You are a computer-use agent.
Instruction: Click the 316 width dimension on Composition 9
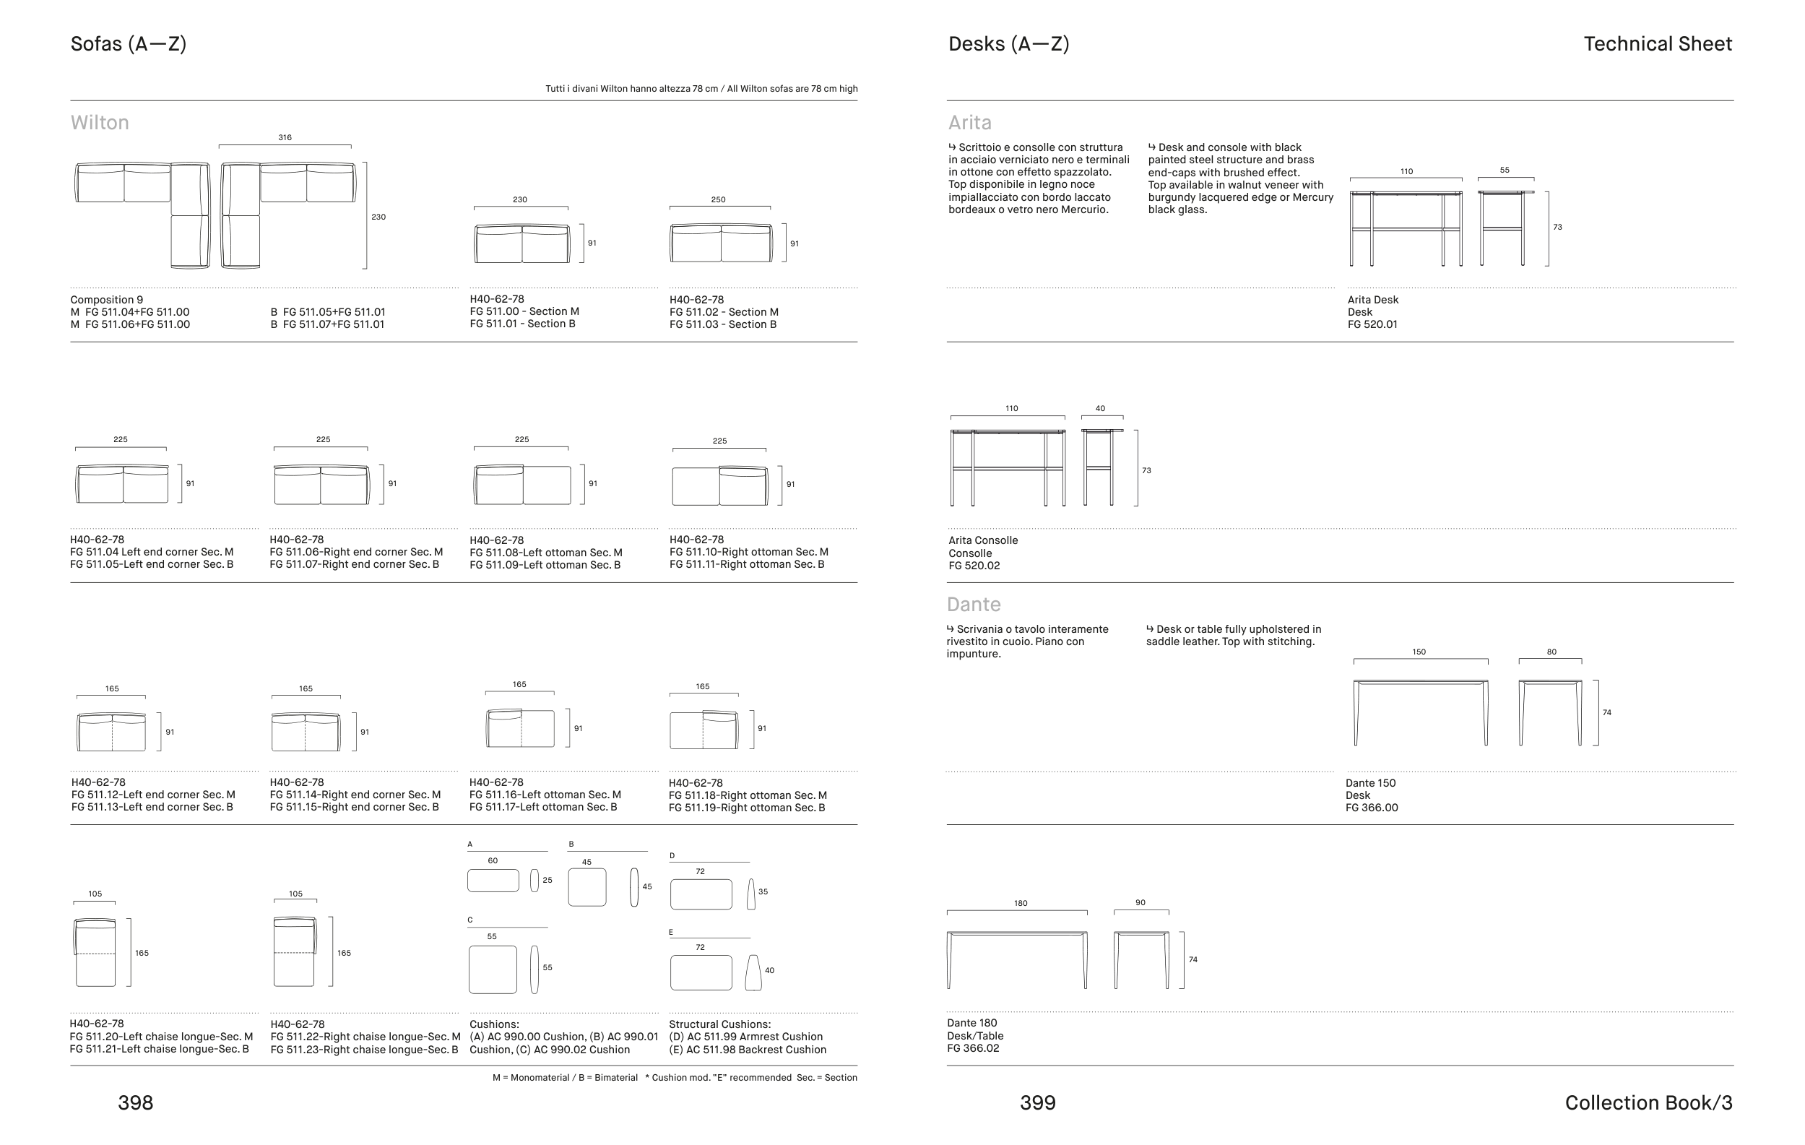(x=285, y=138)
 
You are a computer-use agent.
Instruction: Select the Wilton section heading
(x=100, y=122)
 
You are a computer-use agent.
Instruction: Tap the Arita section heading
(x=969, y=122)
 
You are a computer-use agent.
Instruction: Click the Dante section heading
(x=973, y=605)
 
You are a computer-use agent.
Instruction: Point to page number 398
(x=136, y=1102)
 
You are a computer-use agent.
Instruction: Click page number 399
(x=1037, y=1102)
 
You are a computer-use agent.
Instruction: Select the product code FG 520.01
(x=1372, y=324)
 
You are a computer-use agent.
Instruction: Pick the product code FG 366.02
(x=973, y=1048)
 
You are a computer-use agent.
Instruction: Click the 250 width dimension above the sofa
(x=718, y=200)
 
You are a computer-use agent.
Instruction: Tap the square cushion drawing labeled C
(x=493, y=969)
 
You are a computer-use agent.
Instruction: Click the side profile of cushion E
(x=753, y=972)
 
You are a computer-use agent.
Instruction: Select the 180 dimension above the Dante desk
(x=1020, y=904)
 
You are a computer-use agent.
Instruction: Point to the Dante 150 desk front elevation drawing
(x=1421, y=712)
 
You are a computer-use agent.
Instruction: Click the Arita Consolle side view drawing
(x=1102, y=467)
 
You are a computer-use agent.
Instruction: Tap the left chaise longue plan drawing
(x=95, y=951)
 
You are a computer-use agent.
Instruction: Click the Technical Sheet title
(x=1658, y=44)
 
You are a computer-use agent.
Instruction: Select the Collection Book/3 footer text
(x=1648, y=1102)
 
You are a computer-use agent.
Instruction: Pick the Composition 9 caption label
(x=106, y=300)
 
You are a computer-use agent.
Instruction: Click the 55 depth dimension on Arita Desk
(x=1505, y=170)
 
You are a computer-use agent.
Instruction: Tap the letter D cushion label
(x=672, y=855)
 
